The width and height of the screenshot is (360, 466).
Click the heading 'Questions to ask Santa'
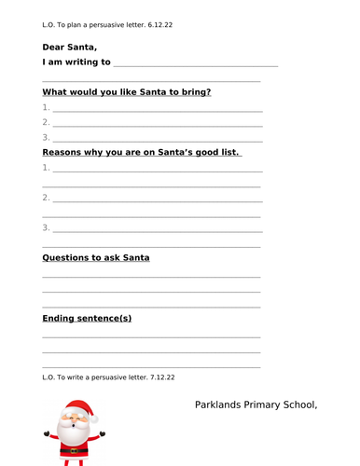pyautogui.click(x=95, y=257)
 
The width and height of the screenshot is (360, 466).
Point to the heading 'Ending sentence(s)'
pyautogui.click(x=87, y=318)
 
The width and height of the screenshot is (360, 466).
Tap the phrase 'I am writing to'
pyautogui.click(x=76, y=62)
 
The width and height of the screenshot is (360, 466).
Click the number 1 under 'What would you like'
pyautogui.click(x=46, y=107)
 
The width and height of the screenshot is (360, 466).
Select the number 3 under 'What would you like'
pyautogui.click(x=46, y=138)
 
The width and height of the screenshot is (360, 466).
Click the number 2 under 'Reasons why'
pyautogui.click(x=46, y=198)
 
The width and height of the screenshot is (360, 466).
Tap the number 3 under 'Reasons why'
pyautogui.click(x=46, y=227)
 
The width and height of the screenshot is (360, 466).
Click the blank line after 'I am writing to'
pyautogui.click(x=195, y=65)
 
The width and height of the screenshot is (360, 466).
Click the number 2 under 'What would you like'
pyautogui.click(x=46, y=122)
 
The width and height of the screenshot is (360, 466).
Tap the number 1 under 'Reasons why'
pyautogui.click(x=46, y=168)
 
